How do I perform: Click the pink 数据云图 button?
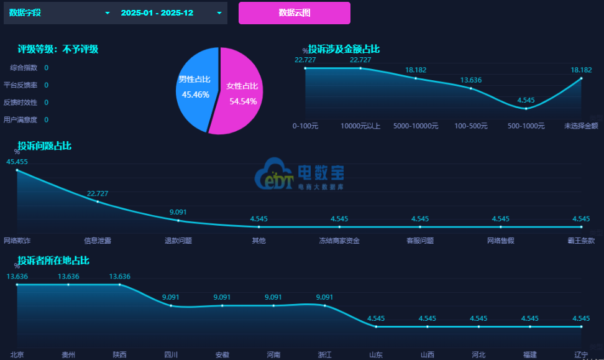[x=294, y=12]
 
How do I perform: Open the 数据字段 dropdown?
[x=58, y=12]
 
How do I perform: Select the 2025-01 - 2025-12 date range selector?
[x=171, y=12]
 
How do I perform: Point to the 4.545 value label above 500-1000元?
[x=526, y=100]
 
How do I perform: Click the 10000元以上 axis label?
[x=360, y=126]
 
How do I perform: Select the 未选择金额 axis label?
[x=581, y=126]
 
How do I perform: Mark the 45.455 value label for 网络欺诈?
[x=17, y=161]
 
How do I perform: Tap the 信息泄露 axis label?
[x=98, y=240]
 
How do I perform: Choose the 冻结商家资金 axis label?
[x=339, y=240]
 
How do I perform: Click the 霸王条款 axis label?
[x=581, y=240]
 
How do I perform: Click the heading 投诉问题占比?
[x=44, y=146]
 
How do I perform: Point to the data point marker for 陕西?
[x=120, y=285]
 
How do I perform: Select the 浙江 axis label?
[x=324, y=354]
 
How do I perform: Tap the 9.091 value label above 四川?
[x=171, y=297]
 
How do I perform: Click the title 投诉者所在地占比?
[x=53, y=261]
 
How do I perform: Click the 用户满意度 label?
[x=21, y=119]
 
